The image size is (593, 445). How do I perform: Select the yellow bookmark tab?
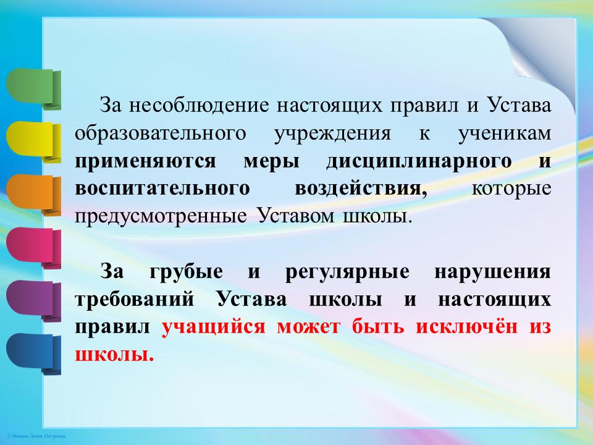(33, 142)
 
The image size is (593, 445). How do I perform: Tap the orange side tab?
(33, 195)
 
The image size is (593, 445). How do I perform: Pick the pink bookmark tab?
(33, 247)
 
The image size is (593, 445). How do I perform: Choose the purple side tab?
(33, 300)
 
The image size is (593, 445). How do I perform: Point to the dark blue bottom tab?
(33, 354)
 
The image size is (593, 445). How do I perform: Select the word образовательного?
(161, 134)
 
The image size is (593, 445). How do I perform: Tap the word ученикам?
(505, 134)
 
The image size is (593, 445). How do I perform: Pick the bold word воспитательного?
(162, 189)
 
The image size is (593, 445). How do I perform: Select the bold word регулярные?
(347, 273)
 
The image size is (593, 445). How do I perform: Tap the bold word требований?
(135, 300)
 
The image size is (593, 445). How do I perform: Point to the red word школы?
(114, 355)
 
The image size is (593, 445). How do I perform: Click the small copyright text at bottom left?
(36, 436)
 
